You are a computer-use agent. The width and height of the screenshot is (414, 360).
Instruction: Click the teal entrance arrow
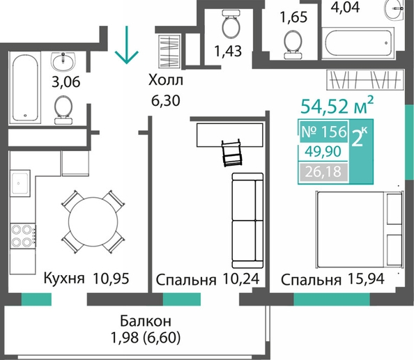point(126,45)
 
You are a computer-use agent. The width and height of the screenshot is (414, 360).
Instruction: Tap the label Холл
point(166,80)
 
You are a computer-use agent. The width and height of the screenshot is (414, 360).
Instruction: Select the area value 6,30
point(166,100)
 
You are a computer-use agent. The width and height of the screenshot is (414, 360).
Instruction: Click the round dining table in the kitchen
point(93,222)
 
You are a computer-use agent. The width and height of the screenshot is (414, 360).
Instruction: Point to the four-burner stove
point(23,235)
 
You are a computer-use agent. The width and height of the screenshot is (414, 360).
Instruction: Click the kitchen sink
point(20,183)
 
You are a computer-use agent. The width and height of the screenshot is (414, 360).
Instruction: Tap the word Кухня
point(64,278)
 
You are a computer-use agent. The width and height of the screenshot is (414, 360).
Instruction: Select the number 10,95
point(111,279)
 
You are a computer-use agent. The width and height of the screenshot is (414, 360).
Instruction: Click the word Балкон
point(146,321)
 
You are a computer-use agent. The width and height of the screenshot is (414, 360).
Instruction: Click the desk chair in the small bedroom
point(232,153)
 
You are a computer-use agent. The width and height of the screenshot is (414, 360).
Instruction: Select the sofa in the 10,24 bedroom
point(247,221)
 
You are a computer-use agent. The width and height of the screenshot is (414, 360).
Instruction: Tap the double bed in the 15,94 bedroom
point(360,229)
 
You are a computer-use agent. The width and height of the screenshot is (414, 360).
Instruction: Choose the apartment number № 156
point(323,132)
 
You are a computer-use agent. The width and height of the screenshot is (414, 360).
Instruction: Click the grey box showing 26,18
point(323,172)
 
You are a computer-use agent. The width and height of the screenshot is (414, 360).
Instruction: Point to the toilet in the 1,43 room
point(231,24)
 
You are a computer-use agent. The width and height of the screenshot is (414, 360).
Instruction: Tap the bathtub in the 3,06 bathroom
point(25,88)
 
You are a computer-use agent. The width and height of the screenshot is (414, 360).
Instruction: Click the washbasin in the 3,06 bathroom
point(63,62)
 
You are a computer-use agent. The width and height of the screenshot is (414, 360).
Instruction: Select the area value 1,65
point(293,17)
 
